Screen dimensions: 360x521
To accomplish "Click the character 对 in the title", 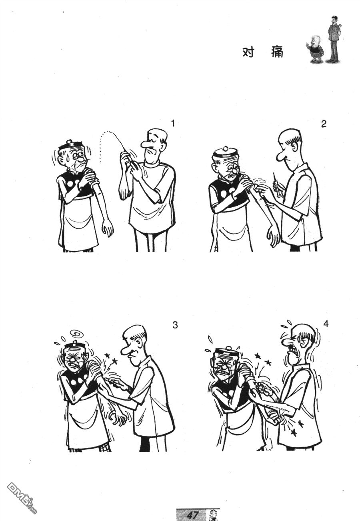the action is (248, 52).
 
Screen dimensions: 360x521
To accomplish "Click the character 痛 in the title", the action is (277, 52).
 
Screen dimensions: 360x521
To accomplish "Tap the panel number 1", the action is (173, 123).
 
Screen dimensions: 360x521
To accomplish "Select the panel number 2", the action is (324, 124).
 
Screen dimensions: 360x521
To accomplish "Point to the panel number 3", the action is (175, 325).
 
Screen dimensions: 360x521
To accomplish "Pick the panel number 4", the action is (326, 324).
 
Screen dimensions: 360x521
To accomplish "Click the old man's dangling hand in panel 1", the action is (108, 228).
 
